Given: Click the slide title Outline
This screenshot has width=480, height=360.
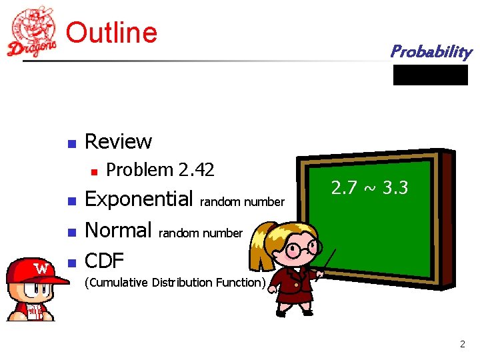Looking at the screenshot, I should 112,32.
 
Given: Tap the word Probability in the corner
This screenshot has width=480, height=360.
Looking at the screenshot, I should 431,51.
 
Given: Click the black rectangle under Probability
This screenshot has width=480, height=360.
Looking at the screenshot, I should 431,75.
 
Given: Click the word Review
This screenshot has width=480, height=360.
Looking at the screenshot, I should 119,141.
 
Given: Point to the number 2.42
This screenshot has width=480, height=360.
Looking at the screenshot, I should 196,170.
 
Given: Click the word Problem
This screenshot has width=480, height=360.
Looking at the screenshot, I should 140,170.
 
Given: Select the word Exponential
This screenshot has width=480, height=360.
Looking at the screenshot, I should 139,199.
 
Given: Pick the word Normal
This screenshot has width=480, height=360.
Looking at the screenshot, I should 119,231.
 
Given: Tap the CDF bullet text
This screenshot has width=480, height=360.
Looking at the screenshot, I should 105,261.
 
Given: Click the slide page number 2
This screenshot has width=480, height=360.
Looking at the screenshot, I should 462,344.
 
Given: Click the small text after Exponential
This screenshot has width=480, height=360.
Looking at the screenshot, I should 242,202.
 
